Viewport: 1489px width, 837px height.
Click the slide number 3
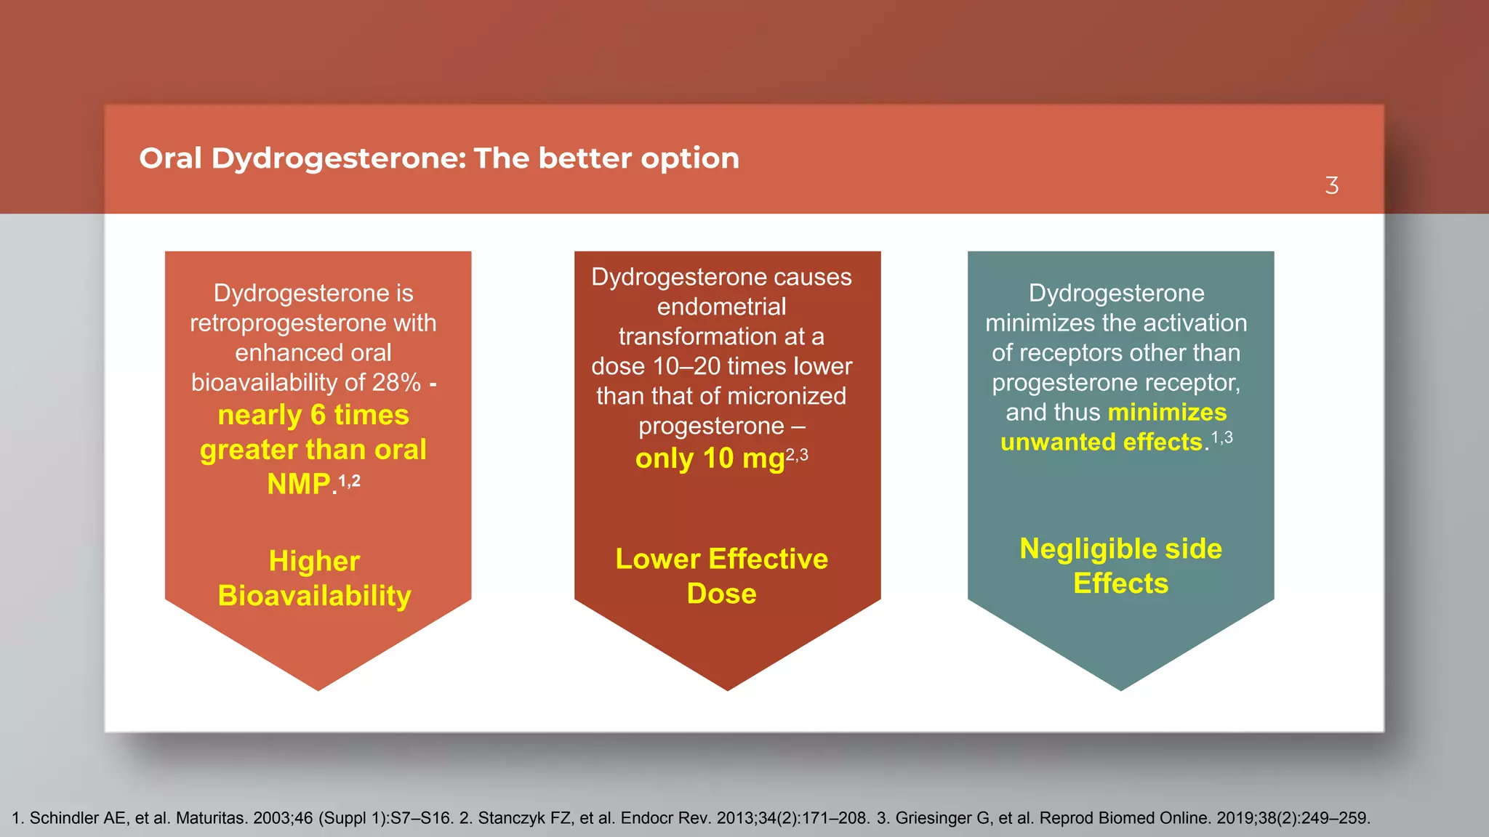[x=1331, y=186]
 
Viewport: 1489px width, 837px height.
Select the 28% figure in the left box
[x=396, y=382]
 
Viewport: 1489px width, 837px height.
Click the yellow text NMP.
[x=299, y=484]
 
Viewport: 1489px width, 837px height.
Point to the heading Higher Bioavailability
[x=314, y=578]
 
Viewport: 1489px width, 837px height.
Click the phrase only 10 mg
[x=710, y=458]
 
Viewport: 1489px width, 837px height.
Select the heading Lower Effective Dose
[x=721, y=576]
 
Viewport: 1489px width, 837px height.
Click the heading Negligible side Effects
[x=1120, y=566]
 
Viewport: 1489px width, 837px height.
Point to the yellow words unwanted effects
[x=1101, y=442]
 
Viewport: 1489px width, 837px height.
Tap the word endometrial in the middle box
[x=721, y=307]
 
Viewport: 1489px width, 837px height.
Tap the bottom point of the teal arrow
[x=1120, y=687]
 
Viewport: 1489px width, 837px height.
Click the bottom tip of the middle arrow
[x=727, y=687]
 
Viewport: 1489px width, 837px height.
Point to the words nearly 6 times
[x=313, y=415]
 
